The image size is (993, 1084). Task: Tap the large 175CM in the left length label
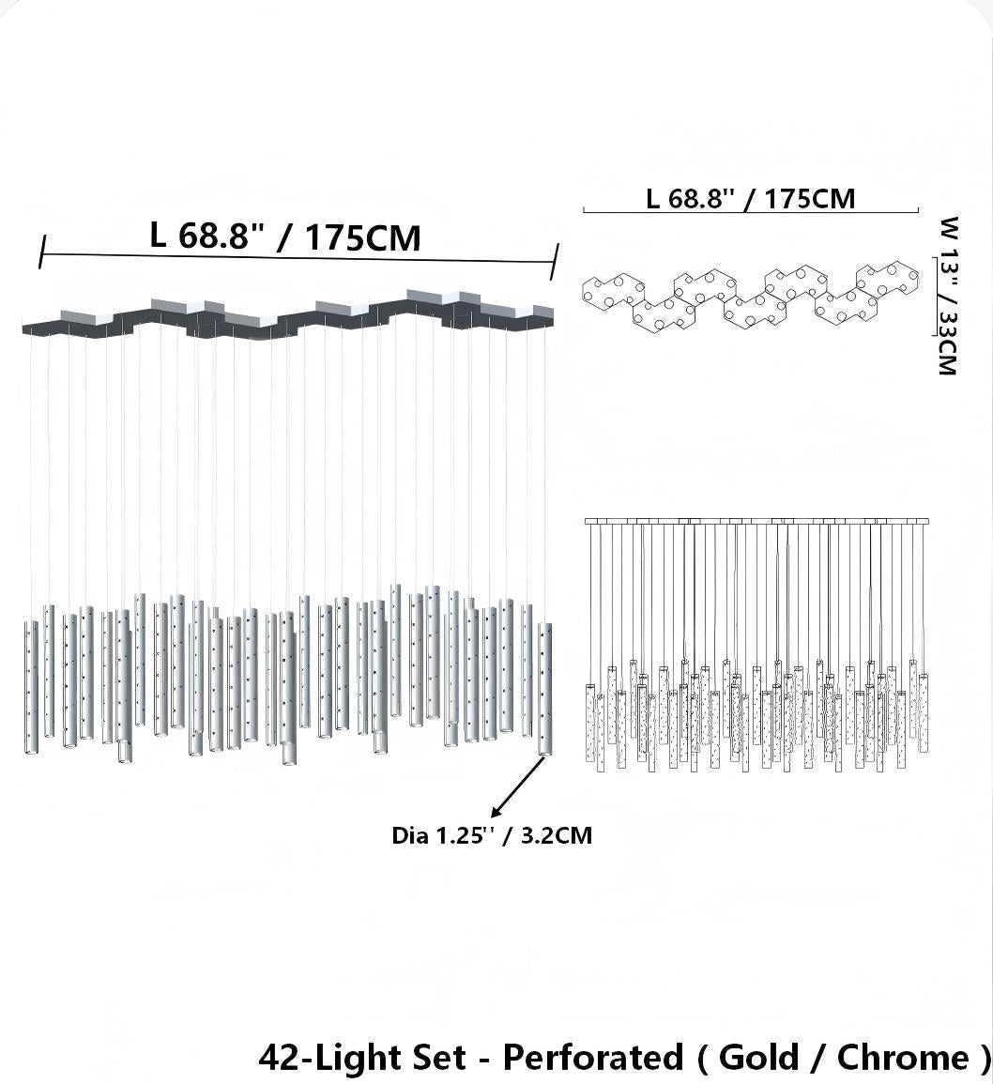362,238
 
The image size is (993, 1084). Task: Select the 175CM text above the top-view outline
810,199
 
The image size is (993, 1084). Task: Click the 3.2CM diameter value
557,836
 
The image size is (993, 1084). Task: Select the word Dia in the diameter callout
409,836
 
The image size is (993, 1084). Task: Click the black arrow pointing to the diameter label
517,786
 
